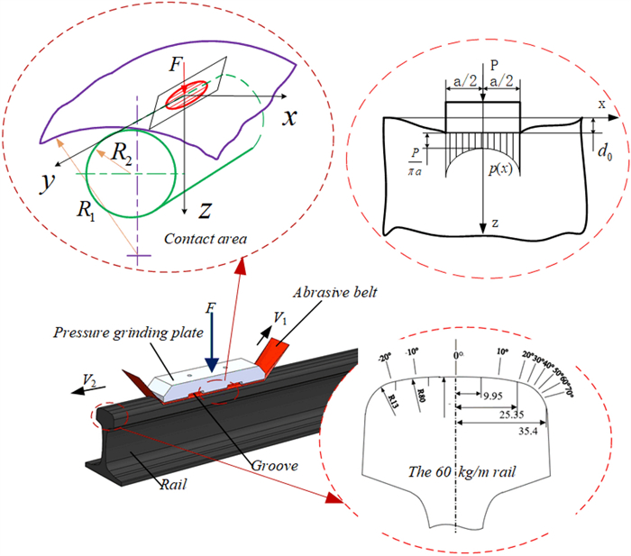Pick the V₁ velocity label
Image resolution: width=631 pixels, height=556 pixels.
pos(282,321)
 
